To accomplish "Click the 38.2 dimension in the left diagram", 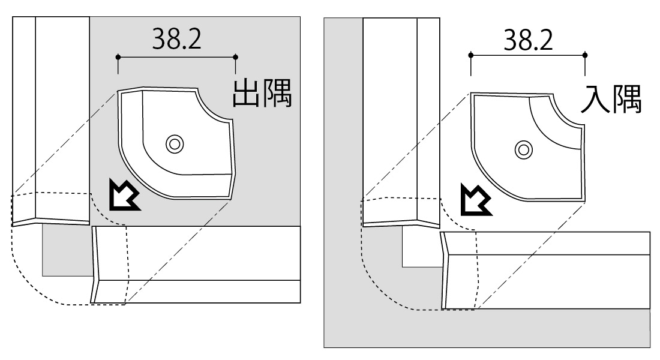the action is (177, 39).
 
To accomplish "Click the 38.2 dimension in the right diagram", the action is (528, 40).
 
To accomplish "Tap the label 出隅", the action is (262, 93).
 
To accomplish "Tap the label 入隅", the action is (611, 99).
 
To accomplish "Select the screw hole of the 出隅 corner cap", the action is (174, 145).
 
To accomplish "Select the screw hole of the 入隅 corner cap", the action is (524, 149).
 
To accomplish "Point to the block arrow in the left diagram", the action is (124, 194).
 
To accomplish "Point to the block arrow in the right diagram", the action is (475, 200).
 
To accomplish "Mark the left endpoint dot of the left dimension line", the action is (118, 57).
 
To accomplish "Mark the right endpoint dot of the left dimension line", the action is (235, 57).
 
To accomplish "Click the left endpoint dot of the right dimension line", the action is (470, 55).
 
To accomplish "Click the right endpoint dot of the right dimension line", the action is (584, 55).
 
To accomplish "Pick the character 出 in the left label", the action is (246, 93).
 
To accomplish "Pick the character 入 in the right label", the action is (595, 99).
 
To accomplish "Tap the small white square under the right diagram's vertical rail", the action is (421, 247).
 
